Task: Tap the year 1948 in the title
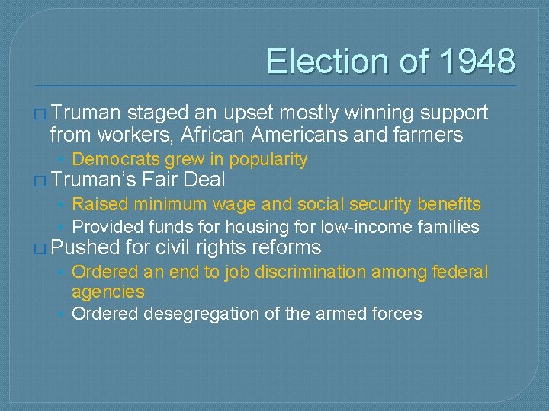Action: tap(473, 62)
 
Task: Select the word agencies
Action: tap(108, 292)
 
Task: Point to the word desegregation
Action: tap(201, 314)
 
